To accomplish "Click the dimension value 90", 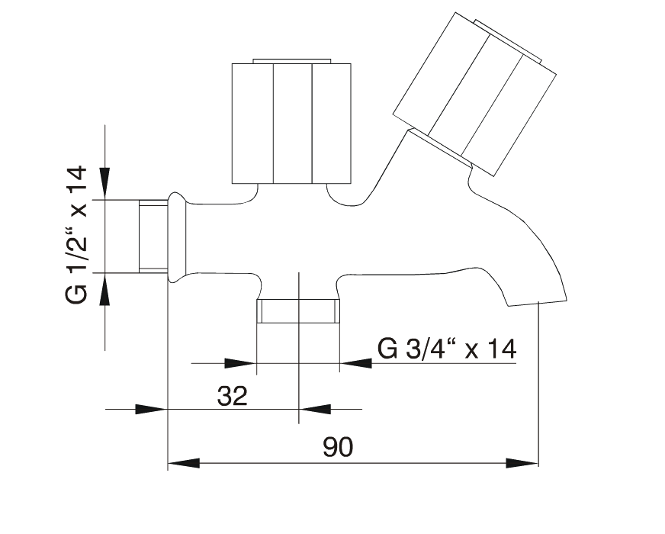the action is (338, 446).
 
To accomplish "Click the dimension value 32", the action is (232, 396).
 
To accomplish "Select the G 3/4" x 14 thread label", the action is (447, 349).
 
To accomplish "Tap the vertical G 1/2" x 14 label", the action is (76, 234).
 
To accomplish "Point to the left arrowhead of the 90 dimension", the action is (184, 463).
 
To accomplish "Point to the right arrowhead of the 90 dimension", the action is (522, 463).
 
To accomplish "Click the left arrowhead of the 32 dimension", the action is (150, 410).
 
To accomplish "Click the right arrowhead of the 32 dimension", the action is (315, 410).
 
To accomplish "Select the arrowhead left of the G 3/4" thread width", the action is (239, 363).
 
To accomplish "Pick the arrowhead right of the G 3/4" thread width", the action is (356, 363).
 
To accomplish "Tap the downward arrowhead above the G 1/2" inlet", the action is (104, 183).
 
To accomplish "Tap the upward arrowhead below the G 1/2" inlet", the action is (104, 289).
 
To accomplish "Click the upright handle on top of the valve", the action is (291, 123).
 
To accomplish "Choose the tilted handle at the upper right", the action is (474, 94).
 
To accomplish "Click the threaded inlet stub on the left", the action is (153, 236).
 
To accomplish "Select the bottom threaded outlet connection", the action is (298, 311).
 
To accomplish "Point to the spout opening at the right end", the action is (538, 302).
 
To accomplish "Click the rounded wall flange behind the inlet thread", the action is (177, 236).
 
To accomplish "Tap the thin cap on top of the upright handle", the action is (291, 61).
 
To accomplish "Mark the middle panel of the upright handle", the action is (293, 124).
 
